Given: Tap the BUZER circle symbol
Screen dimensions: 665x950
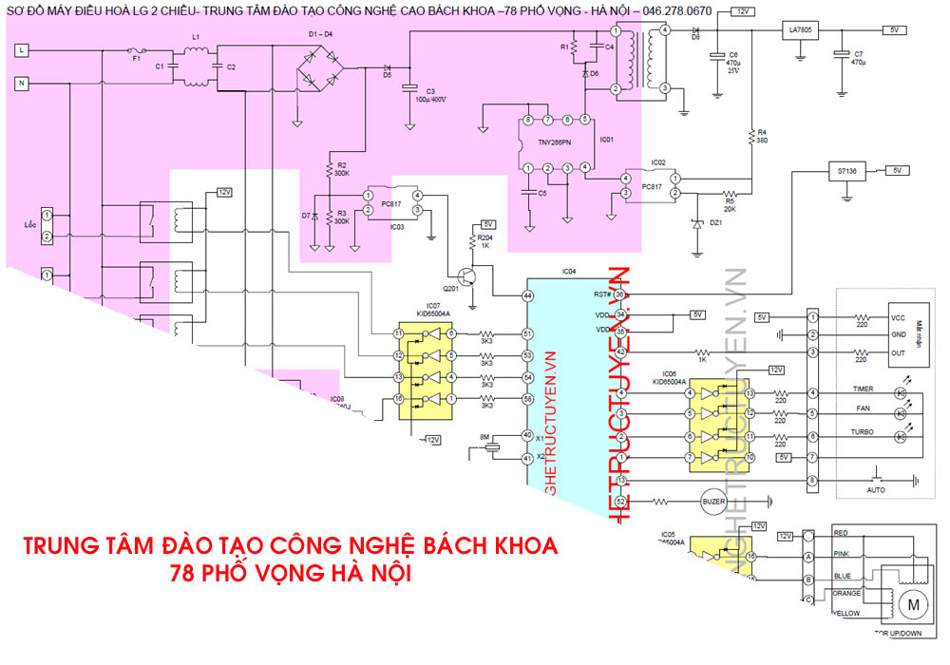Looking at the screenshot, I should tap(712, 501).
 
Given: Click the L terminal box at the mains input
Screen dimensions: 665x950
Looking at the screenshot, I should tap(23, 48).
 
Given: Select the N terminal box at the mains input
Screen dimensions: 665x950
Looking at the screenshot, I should tap(23, 83).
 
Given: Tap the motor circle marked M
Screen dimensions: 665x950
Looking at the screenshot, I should tap(915, 604).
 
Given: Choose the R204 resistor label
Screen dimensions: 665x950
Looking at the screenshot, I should tap(485, 237).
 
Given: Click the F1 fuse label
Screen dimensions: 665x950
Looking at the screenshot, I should tap(136, 59).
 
